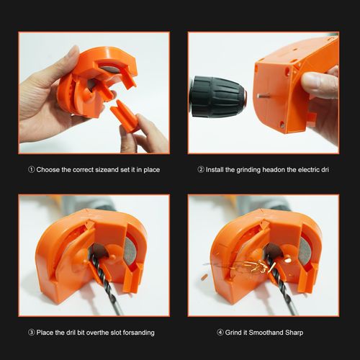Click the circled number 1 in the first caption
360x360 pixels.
tap(32, 170)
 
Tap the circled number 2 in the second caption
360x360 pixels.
tap(201, 170)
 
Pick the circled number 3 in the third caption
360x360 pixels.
tap(32, 333)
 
